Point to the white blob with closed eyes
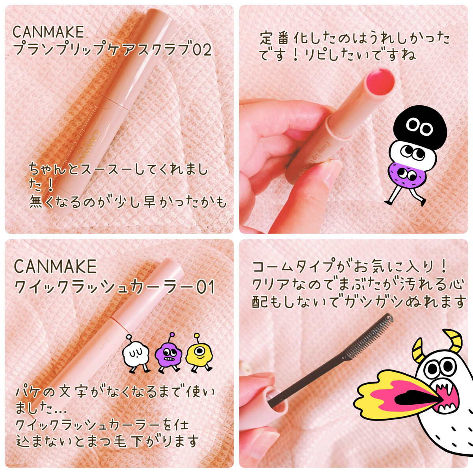(136, 353)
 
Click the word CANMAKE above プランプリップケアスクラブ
(48, 32)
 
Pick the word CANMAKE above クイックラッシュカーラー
(56, 266)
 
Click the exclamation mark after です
(296, 55)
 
